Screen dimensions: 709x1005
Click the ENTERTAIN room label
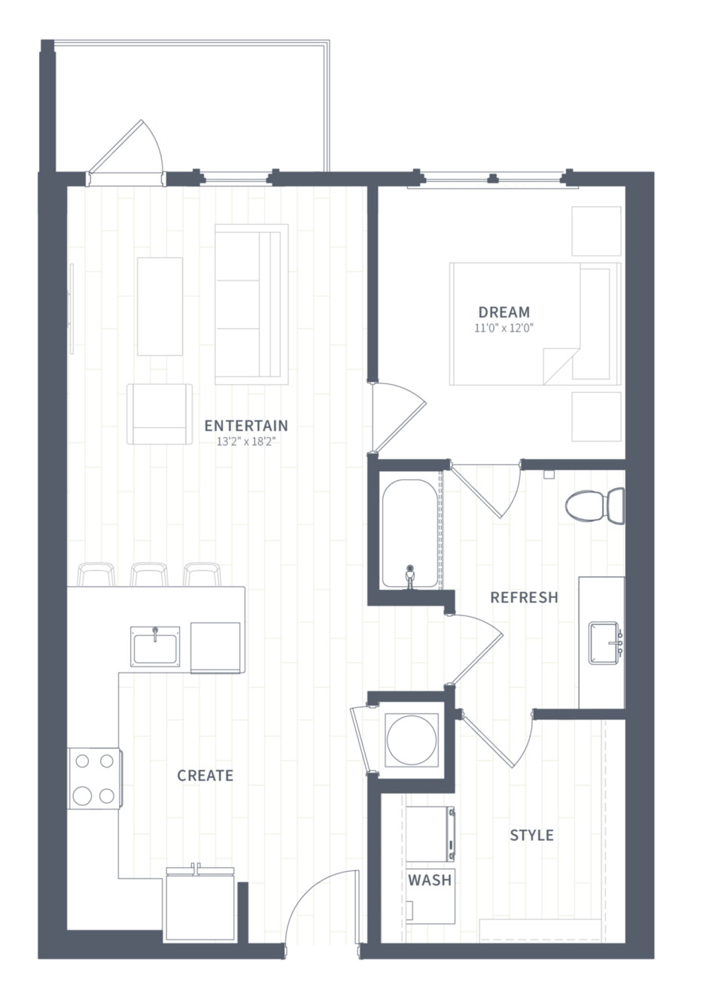click(246, 425)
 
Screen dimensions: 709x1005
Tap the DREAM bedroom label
click(504, 312)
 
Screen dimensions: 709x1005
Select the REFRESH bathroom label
click(524, 597)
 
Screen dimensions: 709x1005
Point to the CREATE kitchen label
click(205, 776)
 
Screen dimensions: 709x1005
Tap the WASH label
click(430, 880)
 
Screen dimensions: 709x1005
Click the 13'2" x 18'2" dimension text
click(245, 442)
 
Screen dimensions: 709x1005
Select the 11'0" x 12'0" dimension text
click(504, 328)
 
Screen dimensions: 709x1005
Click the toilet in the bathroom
click(595, 506)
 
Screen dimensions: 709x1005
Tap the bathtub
click(409, 533)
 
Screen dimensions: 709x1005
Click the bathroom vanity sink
click(604, 642)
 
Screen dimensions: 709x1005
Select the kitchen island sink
click(155, 646)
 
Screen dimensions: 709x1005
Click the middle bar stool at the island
click(149, 574)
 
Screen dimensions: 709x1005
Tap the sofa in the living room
click(251, 304)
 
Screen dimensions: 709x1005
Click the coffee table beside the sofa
click(160, 306)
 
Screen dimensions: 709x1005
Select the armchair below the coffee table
click(160, 414)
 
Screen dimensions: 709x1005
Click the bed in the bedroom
click(535, 323)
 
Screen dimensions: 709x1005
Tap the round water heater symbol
click(411, 740)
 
